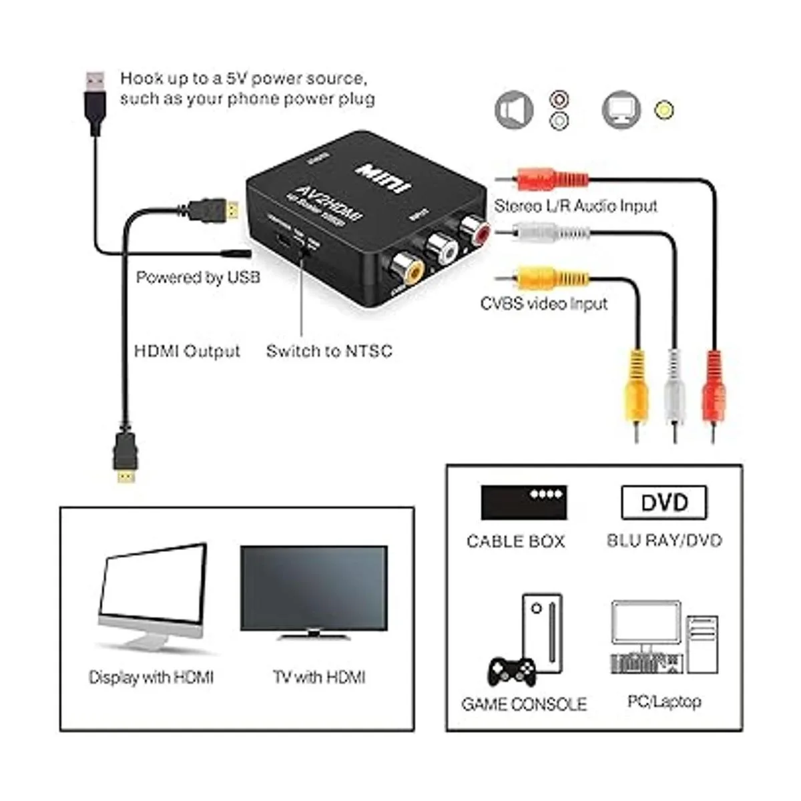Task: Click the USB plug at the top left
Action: [x=95, y=100]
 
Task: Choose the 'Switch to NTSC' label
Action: [x=329, y=351]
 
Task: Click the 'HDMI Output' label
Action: [x=187, y=351]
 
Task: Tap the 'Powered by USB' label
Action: [x=198, y=277]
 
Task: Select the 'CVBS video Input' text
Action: [x=544, y=304]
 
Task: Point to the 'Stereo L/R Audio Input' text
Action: [x=575, y=206]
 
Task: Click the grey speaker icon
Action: [x=514, y=110]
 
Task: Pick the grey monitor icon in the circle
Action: [x=621, y=110]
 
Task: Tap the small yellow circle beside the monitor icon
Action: [x=663, y=110]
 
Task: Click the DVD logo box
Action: [x=663, y=502]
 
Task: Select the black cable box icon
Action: [x=524, y=502]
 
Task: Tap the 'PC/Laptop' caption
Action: [x=664, y=702]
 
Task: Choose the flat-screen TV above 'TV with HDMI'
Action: [x=314, y=591]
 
